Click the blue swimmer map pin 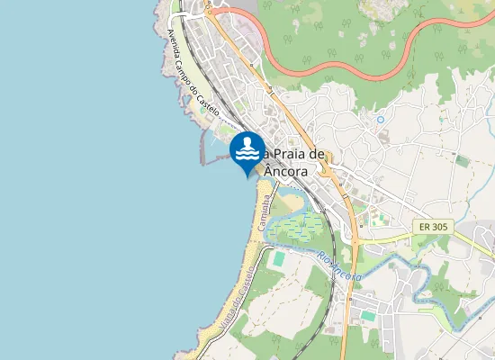click(247, 150)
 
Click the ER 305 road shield click(434, 228)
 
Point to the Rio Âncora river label click(338, 266)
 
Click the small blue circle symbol click(381, 119)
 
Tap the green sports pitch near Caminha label click(279, 258)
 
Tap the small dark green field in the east click(463, 160)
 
